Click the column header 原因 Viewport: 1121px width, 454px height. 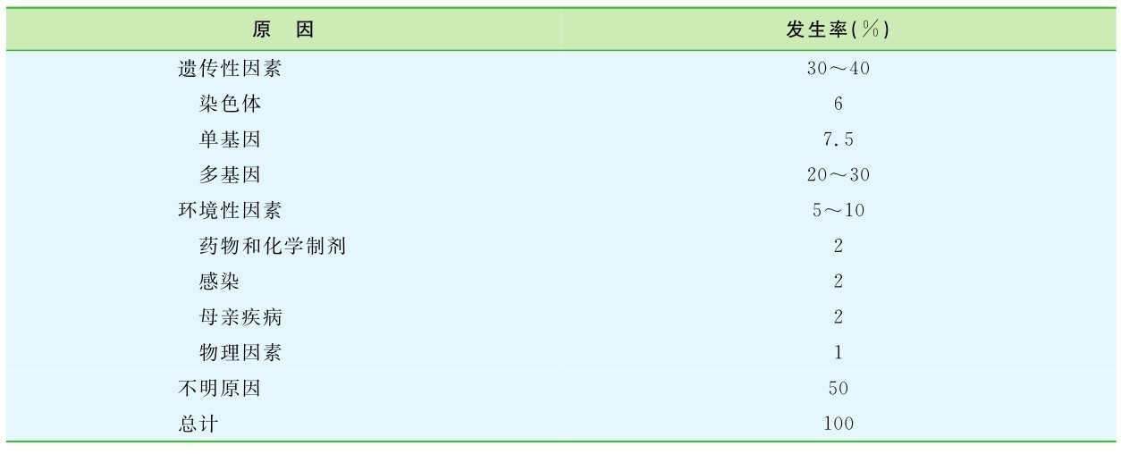(x=283, y=29)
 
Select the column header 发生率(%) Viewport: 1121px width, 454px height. (x=838, y=29)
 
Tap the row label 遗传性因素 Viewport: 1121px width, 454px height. (x=230, y=69)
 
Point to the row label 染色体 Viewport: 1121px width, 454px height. (x=230, y=104)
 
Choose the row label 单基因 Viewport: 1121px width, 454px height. (x=230, y=139)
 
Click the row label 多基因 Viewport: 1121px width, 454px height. (x=230, y=175)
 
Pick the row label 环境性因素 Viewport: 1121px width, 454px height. (x=230, y=211)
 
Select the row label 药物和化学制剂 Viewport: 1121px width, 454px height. (x=272, y=246)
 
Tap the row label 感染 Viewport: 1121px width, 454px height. (x=219, y=282)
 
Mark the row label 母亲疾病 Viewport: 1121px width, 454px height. (x=240, y=317)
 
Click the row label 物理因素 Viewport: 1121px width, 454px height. (x=240, y=353)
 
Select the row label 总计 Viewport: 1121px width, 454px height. (x=198, y=424)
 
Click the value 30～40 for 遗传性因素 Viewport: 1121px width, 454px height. (x=838, y=69)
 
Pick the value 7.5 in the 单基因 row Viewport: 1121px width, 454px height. (x=838, y=139)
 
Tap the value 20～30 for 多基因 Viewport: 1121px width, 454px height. (x=838, y=175)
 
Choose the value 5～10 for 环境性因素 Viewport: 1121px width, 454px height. (x=838, y=211)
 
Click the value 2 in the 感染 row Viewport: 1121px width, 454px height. (x=838, y=282)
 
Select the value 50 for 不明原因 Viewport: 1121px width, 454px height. (x=838, y=389)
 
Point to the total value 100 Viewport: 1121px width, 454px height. (x=838, y=424)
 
